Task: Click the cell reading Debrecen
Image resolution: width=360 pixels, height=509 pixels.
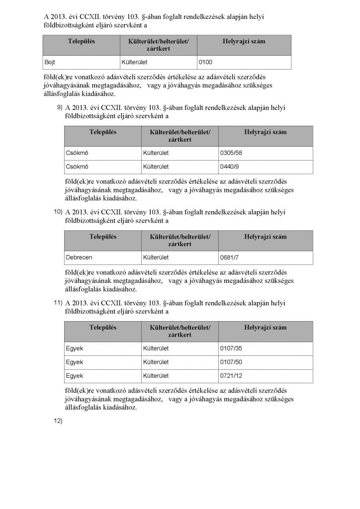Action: pyautogui.click(x=79, y=257)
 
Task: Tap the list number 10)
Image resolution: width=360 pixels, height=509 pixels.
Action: pyautogui.click(x=58, y=211)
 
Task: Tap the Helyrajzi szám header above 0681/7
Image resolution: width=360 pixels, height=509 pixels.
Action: pyautogui.click(x=266, y=236)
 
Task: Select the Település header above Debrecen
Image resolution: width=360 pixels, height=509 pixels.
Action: pyautogui.click(x=102, y=236)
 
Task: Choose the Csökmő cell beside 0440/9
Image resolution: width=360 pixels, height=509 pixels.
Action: pyautogui.click(x=77, y=167)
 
